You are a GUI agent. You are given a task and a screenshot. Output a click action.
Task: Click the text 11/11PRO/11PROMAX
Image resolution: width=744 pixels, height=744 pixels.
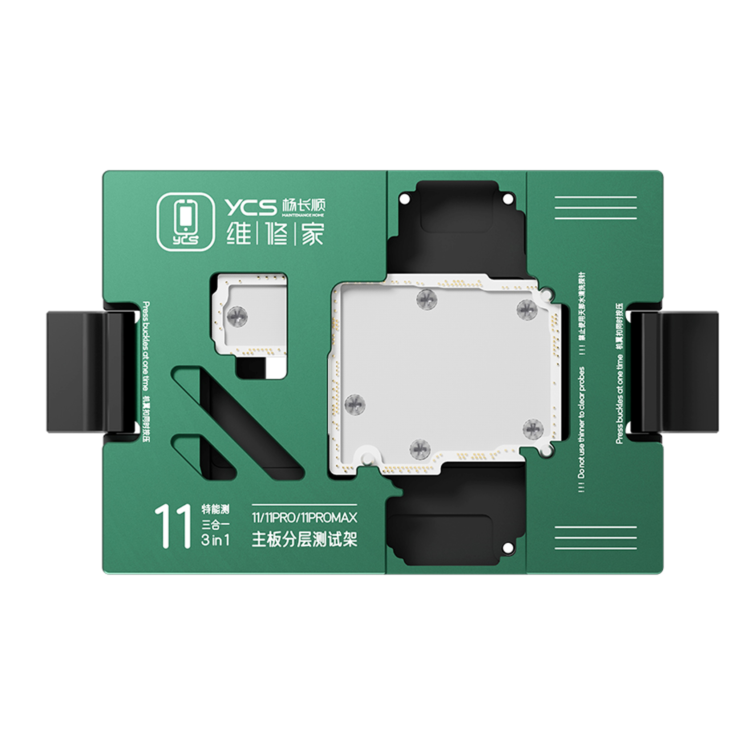[x=304, y=518]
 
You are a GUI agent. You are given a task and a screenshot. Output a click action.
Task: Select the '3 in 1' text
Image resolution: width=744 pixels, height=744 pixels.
[x=215, y=540]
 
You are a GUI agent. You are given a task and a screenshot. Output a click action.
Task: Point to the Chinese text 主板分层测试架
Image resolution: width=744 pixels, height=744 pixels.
[x=304, y=539]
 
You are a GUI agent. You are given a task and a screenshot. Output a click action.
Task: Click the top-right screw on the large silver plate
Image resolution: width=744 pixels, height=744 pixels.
[x=526, y=309]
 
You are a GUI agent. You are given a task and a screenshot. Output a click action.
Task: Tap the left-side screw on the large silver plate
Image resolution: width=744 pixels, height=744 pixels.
[x=355, y=404]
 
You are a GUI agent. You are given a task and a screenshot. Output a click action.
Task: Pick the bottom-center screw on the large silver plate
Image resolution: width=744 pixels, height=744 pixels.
[x=419, y=449]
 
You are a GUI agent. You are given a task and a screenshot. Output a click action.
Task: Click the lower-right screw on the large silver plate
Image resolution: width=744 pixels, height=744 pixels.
[x=533, y=428]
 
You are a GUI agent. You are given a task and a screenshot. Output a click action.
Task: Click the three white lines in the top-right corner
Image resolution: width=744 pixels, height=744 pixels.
[x=595, y=207]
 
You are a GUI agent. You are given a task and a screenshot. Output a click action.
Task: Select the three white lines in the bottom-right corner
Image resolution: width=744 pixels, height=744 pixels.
[x=595, y=538]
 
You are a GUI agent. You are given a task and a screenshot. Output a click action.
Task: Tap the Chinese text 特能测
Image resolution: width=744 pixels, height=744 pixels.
[x=215, y=509]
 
